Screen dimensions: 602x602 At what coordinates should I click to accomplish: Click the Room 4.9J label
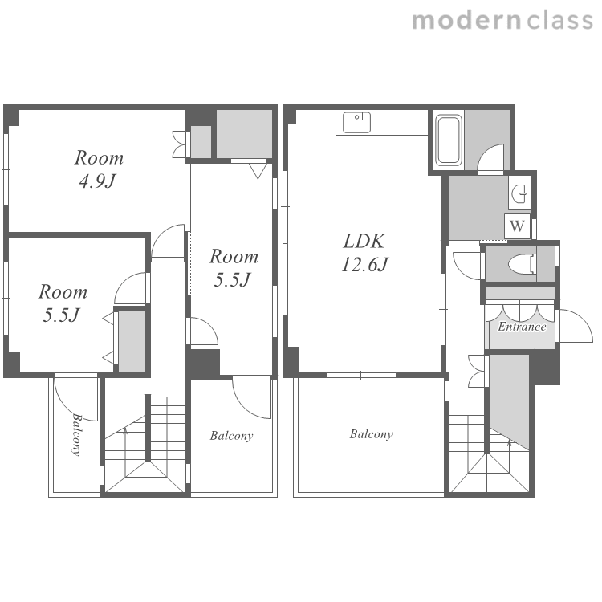pyautogui.click(x=99, y=169)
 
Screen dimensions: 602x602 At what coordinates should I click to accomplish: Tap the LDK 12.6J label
pyautogui.click(x=364, y=253)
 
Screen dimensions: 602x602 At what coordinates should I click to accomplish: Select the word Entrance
pyautogui.click(x=522, y=327)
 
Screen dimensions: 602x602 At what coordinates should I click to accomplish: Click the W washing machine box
pyautogui.click(x=517, y=226)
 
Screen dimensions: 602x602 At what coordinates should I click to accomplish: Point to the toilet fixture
pyautogui.click(x=523, y=264)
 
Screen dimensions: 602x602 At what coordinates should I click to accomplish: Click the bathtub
pyautogui.click(x=448, y=140)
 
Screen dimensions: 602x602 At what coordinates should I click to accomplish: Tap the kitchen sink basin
pyautogui.click(x=356, y=123)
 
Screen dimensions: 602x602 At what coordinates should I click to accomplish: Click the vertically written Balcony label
pyautogui.click(x=76, y=434)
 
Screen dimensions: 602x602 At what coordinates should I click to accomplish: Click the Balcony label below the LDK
pyautogui.click(x=371, y=434)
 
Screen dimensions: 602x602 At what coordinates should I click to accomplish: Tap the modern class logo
pyautogui.click(x=502, y=21)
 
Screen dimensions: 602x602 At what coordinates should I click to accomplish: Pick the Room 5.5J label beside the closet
pyautogui.click(x=63, y=303)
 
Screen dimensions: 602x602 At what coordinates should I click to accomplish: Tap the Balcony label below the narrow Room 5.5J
pyautogui.click(x=231, y=436)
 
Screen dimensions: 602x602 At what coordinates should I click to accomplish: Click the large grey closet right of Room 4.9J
pyautogui.click(x=244, y=133)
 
